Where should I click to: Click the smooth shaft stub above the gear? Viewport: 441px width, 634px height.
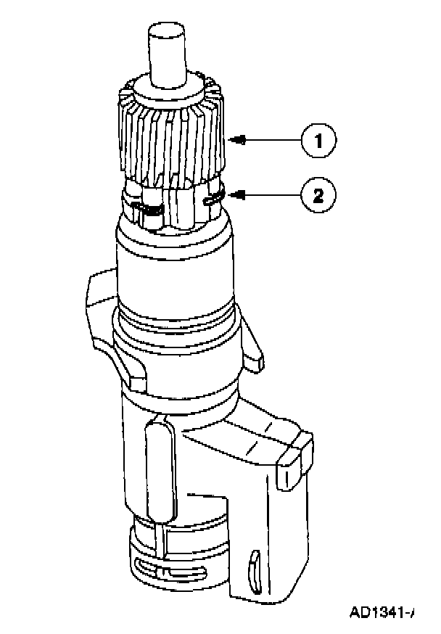168,54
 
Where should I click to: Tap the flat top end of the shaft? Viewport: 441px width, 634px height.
168,30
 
